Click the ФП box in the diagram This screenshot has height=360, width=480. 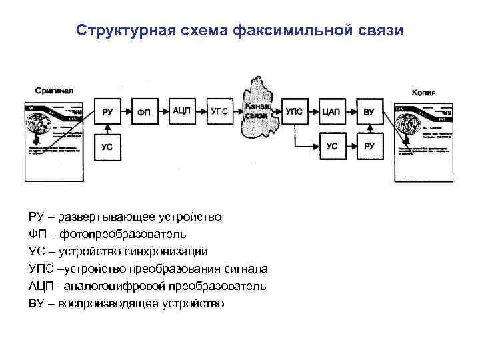tap(144, 111)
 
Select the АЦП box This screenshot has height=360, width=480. tap(181, 111)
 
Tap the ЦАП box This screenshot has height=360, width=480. tap(331, 111)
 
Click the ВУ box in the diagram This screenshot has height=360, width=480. tap(369, 111)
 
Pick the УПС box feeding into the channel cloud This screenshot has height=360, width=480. tap(219, 111)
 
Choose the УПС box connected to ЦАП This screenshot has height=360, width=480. tap(294, 111)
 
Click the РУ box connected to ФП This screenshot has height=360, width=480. tap(107, 111)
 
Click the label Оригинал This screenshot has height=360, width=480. tap(51, 89)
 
